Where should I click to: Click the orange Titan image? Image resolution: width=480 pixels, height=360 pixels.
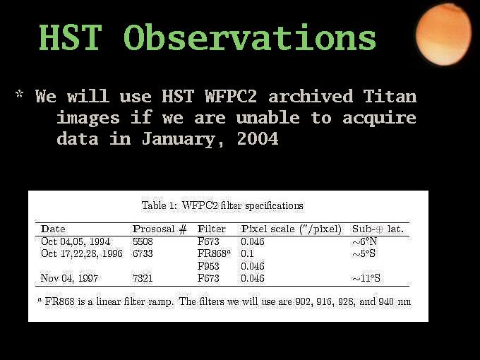pyautogui.click(x=443, y=35)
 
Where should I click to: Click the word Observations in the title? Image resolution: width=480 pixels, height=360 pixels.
pyautogui.click(x=250, y=37)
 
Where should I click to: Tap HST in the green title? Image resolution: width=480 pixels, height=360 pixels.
pyautogui.click(x=70, y=37)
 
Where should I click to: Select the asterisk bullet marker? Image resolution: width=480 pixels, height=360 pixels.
pyautogui.click(x=19, y=94)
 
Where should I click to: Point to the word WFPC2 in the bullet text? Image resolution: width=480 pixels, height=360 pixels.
pyautogui.click(x=231, y=96)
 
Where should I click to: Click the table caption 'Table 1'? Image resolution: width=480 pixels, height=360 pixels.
pyautogui.click(x=155, y=205)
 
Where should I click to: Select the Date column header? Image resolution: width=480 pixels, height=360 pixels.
pyautogui.click(x=53, y=229)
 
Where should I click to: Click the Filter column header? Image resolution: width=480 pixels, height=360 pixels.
pyautogui.click(x=212, y=229)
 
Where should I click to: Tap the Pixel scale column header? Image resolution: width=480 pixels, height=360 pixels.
pyautogui.click(x=292, y=229)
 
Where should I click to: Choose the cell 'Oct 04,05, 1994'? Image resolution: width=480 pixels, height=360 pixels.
pyautogui.click(x=76, y=241)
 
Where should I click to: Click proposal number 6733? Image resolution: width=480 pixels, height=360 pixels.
pyautogui.click(x=143, y=254)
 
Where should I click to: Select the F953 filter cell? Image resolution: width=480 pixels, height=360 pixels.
pyautogui.click(x=208, y=266)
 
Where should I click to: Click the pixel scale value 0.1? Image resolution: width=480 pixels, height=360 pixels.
pyautogui.click(x=247, y=254)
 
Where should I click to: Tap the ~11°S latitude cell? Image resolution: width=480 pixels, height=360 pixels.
pyautogui.click(x=366, y=278)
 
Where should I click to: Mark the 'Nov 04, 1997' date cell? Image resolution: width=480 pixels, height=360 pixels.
pyautogui.click(x=69, y=278)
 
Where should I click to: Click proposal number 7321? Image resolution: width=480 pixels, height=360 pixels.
pyautogui.click(x=143, y=278)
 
